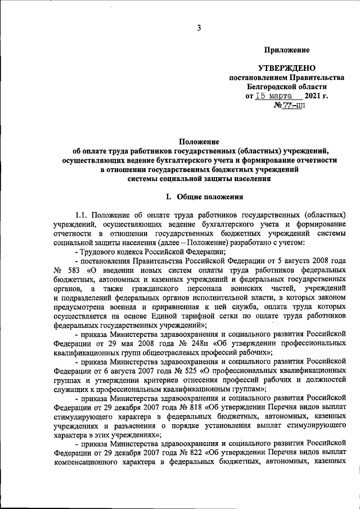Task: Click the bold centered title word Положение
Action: [x=199, y=141]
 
